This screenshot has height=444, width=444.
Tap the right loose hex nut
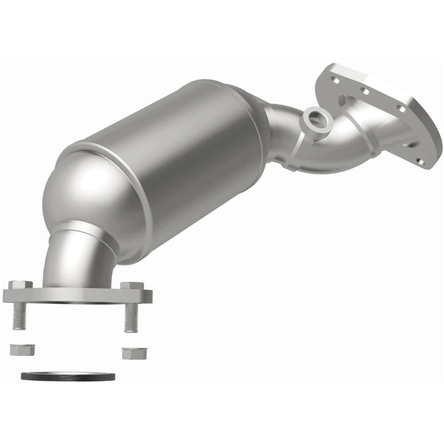131,353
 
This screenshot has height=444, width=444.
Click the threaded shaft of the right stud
131,319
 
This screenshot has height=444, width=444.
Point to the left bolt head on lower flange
21,285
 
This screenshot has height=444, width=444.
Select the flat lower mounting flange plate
77,295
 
